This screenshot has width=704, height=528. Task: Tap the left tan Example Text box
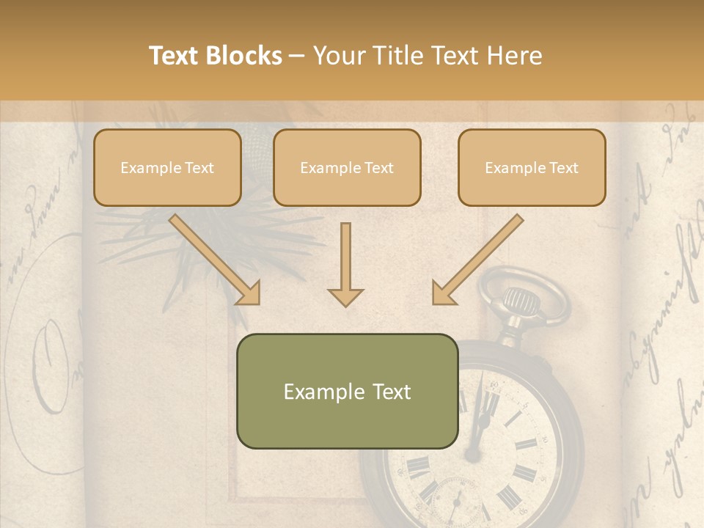(167, 168)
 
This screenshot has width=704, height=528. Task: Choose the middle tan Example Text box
(347, 168)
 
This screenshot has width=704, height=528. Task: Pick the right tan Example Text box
(532, 168)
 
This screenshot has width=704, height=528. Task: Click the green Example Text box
(347, 391)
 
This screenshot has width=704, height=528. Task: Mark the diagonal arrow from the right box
(477, 260)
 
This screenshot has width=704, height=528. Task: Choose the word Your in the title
(340, 56)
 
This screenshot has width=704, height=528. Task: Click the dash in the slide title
(298, 56)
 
